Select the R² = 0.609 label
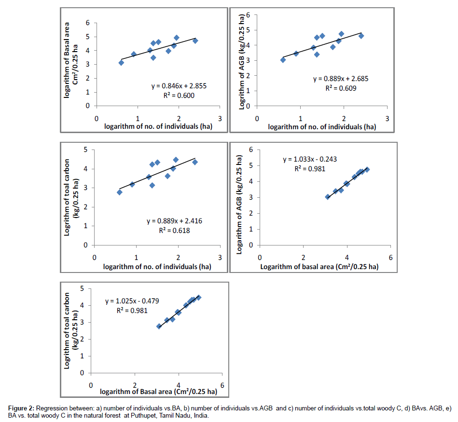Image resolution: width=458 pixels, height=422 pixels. point(336,88)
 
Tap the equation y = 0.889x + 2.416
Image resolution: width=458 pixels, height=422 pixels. point(174,221)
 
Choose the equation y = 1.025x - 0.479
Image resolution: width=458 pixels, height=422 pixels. point(132,301)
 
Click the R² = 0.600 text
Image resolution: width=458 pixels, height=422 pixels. point(175,95)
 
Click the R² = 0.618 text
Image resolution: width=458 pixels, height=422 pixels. point(175,231)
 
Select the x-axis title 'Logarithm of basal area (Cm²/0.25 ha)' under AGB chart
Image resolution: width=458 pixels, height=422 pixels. point(319,266)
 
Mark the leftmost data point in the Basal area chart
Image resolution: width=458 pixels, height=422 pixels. point(121,63)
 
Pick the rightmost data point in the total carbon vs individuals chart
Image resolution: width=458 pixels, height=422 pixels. point(195,162)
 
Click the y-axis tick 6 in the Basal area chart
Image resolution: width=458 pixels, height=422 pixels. point(88,22)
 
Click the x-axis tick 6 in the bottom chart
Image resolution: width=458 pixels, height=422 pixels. point(222,385)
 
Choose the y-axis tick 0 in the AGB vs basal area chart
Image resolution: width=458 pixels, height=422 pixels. point(250,245)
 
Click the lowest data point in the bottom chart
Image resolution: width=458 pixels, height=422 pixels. point(159,327)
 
